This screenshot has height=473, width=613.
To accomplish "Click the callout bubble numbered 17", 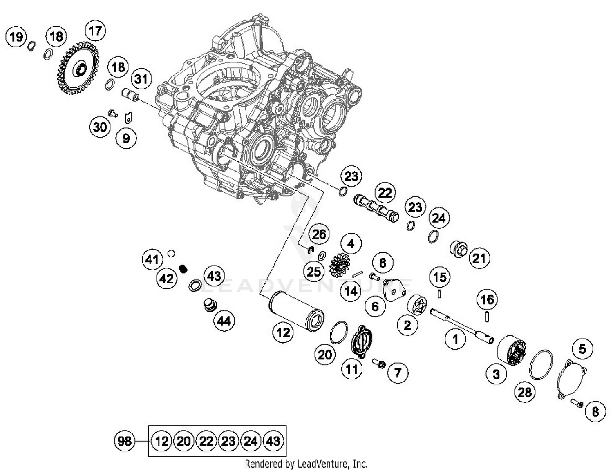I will [95, 31].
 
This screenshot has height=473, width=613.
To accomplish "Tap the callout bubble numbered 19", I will [16, 37].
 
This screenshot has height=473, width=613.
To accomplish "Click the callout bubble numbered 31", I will [141, 78].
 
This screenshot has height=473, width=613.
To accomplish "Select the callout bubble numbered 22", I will [385, 193].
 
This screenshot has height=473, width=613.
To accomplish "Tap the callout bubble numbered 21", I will [479, 258].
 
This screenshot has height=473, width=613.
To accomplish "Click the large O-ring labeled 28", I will [541, 365].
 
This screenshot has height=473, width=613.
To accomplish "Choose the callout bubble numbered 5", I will [582, 349].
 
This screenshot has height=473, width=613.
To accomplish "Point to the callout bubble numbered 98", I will [124, 441].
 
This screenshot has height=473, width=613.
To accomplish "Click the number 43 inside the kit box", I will [273, 441].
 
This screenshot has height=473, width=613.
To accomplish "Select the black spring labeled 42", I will [183, 268].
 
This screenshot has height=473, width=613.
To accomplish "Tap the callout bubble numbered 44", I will [224, 321].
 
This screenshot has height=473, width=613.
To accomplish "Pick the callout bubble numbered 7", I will [397, 372].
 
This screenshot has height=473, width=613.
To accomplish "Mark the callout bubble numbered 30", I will [100, 127].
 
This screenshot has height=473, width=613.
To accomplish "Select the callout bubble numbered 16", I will [487, 300].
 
